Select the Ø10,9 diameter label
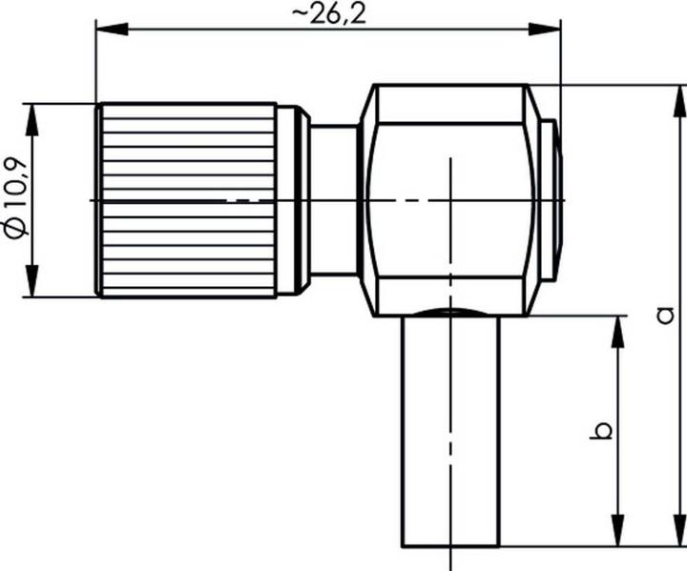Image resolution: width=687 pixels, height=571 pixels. (x=15, y=201)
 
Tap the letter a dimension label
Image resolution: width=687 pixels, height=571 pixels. (x=667, y=315)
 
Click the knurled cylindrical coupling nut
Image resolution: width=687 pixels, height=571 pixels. (x=186, y=200)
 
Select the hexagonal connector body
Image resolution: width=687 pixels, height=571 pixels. (x=448, y=200)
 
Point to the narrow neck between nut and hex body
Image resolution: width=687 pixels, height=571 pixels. (x=333, y=200)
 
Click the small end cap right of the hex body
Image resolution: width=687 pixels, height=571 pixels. (x=548, y=200)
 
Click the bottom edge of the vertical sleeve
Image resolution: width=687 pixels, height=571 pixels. (x=449, y=547)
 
